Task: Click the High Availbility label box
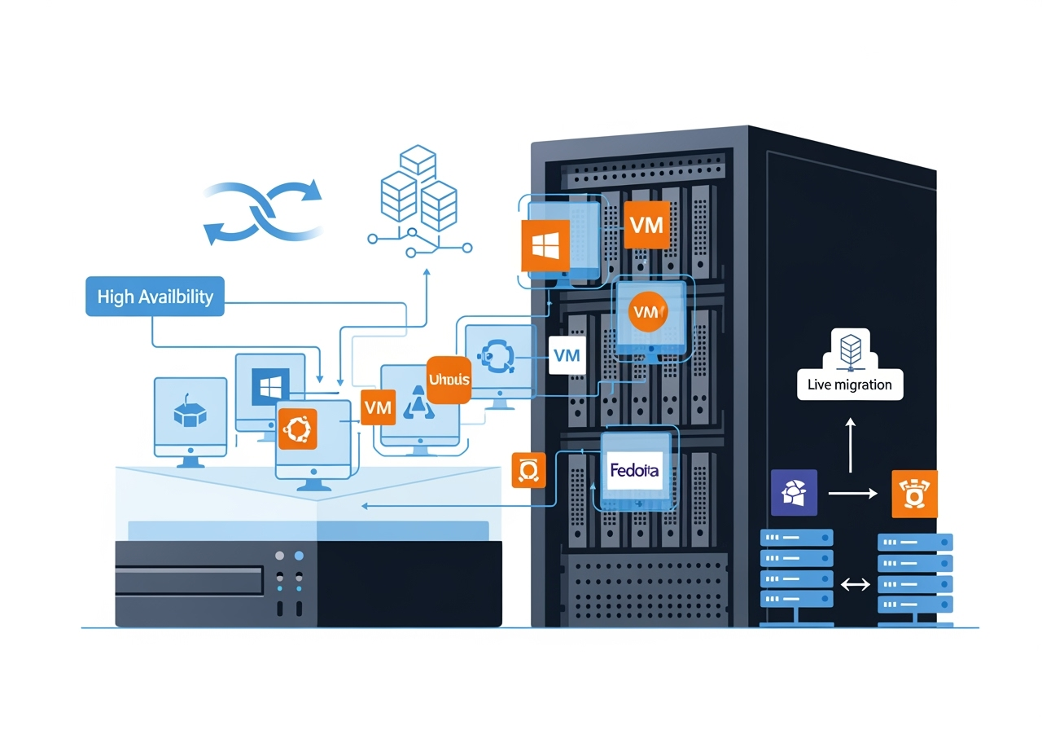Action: pos(155,297)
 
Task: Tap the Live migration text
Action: pos(849,385)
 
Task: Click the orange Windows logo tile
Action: pos(543,247)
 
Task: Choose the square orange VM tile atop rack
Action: pos(647,225)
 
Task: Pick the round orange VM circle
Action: pos(648,312)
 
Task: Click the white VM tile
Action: pos(567,355)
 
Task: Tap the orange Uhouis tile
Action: pos(449,380)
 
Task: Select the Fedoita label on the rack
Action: pos(634,470)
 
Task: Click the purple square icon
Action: pos(794,492)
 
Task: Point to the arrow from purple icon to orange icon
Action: pos(852,493)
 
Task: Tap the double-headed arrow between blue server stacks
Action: pos(856,583)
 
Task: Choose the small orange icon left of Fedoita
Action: pos(528,470)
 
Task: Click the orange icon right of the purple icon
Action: pos(915,493)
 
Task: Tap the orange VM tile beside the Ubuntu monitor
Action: pos(378,407)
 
